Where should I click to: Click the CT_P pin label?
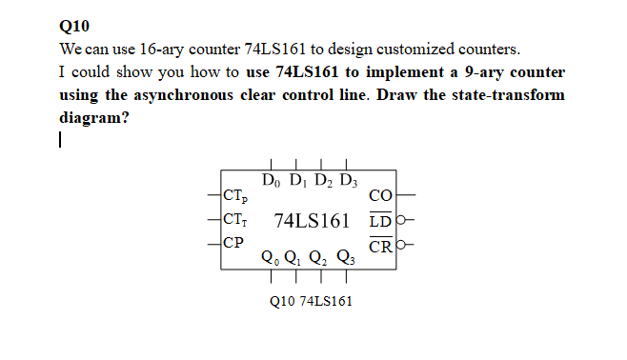tap(234, 198)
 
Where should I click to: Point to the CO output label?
tap(380, 197)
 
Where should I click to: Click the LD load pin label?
tap(379, 222)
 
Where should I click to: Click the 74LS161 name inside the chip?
tap(312, 221)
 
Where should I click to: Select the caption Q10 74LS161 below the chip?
tap(312, 301)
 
